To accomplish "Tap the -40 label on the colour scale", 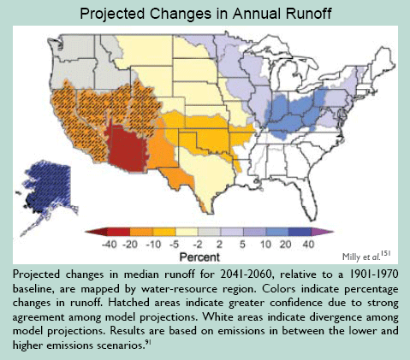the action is click(x=110, y=245).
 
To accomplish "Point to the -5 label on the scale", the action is click(x=174, y=245).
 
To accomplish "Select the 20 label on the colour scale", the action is click(x=285, y=245).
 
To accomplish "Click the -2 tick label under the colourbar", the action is click(x=197, y=245).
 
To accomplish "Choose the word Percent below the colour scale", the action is click(x=199, y=257).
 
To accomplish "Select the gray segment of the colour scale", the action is click(x=209, y=232).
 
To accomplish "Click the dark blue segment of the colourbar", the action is click(x=300, y=232).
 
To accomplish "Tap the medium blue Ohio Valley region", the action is click(x=294, y=114).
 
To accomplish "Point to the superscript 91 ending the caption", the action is click(x=148, y=342).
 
